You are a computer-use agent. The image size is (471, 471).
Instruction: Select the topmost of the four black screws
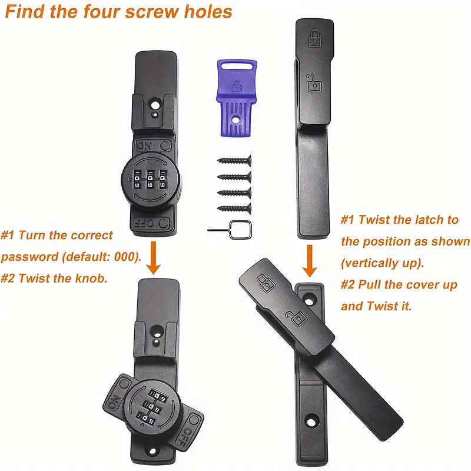[x=234, y=160]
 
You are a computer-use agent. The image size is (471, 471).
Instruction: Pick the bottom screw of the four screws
[x=234, y=208]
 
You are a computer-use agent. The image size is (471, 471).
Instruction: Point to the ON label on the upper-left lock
[x=144, y=145]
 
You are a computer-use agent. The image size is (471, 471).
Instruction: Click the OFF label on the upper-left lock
[x=145, y=223]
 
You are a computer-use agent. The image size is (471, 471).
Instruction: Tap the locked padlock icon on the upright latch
[x=314, y=40]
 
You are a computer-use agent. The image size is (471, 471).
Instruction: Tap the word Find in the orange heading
[x=26, y=12]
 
